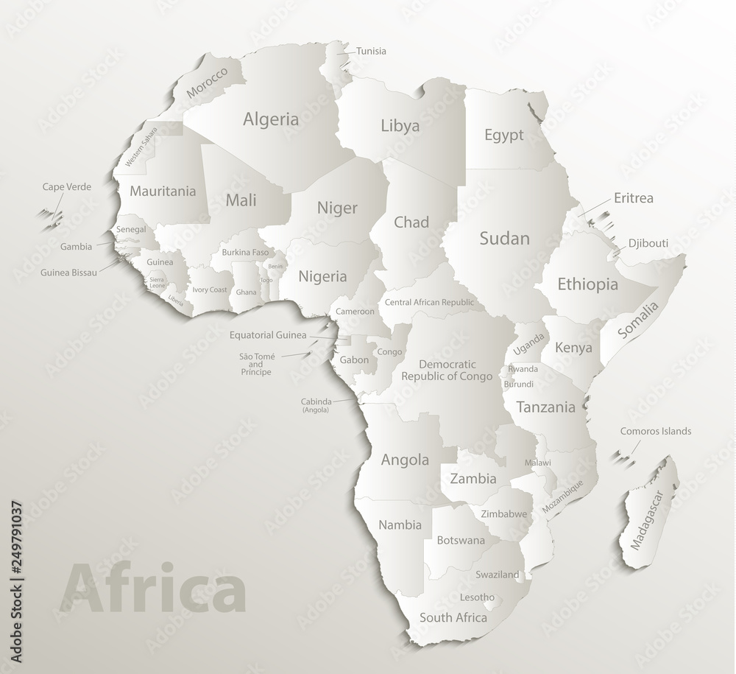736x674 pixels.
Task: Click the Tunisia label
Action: click(371, 52)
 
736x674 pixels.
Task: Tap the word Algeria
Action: click(271, 119)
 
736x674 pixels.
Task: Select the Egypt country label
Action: click(504, 135)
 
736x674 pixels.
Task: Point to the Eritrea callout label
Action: click(634, 198)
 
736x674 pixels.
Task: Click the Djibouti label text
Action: click(648, 244)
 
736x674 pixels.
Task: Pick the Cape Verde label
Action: click(66, 187)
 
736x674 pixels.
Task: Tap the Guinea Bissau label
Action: click(68, 272)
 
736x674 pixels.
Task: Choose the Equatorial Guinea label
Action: click(267, 336)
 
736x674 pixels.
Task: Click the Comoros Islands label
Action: click(656, 431)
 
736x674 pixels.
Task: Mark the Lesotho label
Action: click(477, 597)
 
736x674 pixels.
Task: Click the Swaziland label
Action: click(498, 575)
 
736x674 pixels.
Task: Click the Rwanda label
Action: click(523, 369)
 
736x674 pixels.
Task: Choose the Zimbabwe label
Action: click(503, 514)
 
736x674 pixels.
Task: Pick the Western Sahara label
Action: click(141, 147)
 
